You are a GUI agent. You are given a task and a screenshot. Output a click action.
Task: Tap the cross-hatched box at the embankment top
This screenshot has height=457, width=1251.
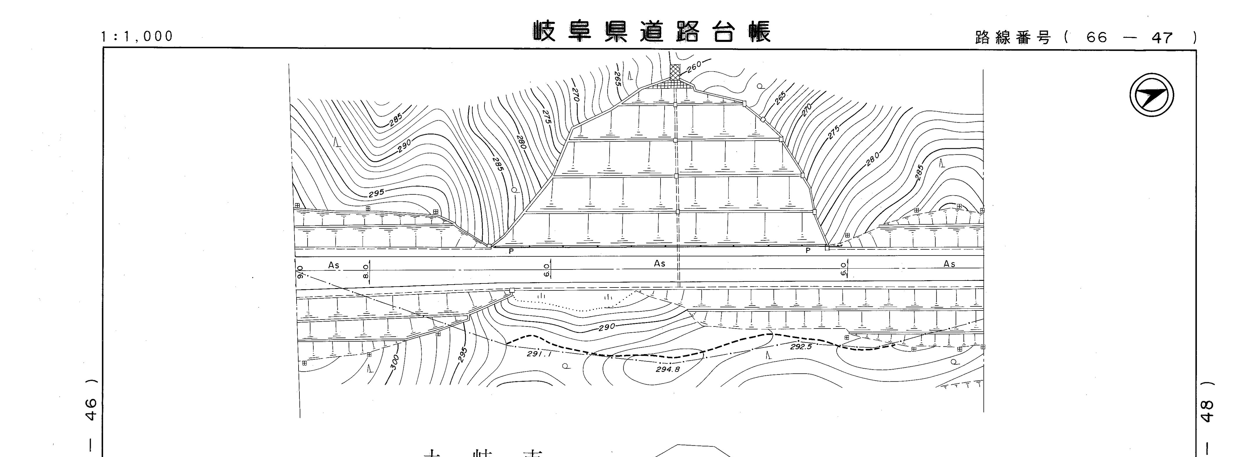click(675, 72)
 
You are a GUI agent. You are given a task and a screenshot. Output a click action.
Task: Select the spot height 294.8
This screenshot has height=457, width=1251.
click(668, 369)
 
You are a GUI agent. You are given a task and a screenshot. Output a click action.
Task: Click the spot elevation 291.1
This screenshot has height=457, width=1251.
click(540, 354)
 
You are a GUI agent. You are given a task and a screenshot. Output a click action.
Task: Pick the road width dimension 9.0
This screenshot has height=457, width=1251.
click(300, 272)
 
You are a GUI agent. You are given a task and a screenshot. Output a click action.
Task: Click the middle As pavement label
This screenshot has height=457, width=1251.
click(659, 263)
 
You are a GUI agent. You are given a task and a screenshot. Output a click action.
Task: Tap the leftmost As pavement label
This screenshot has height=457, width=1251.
click(334, 265)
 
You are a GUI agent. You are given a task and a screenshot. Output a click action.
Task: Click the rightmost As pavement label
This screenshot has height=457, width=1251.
click(949, 264)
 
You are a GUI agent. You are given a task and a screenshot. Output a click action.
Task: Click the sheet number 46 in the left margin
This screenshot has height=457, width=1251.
click(91, 408)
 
